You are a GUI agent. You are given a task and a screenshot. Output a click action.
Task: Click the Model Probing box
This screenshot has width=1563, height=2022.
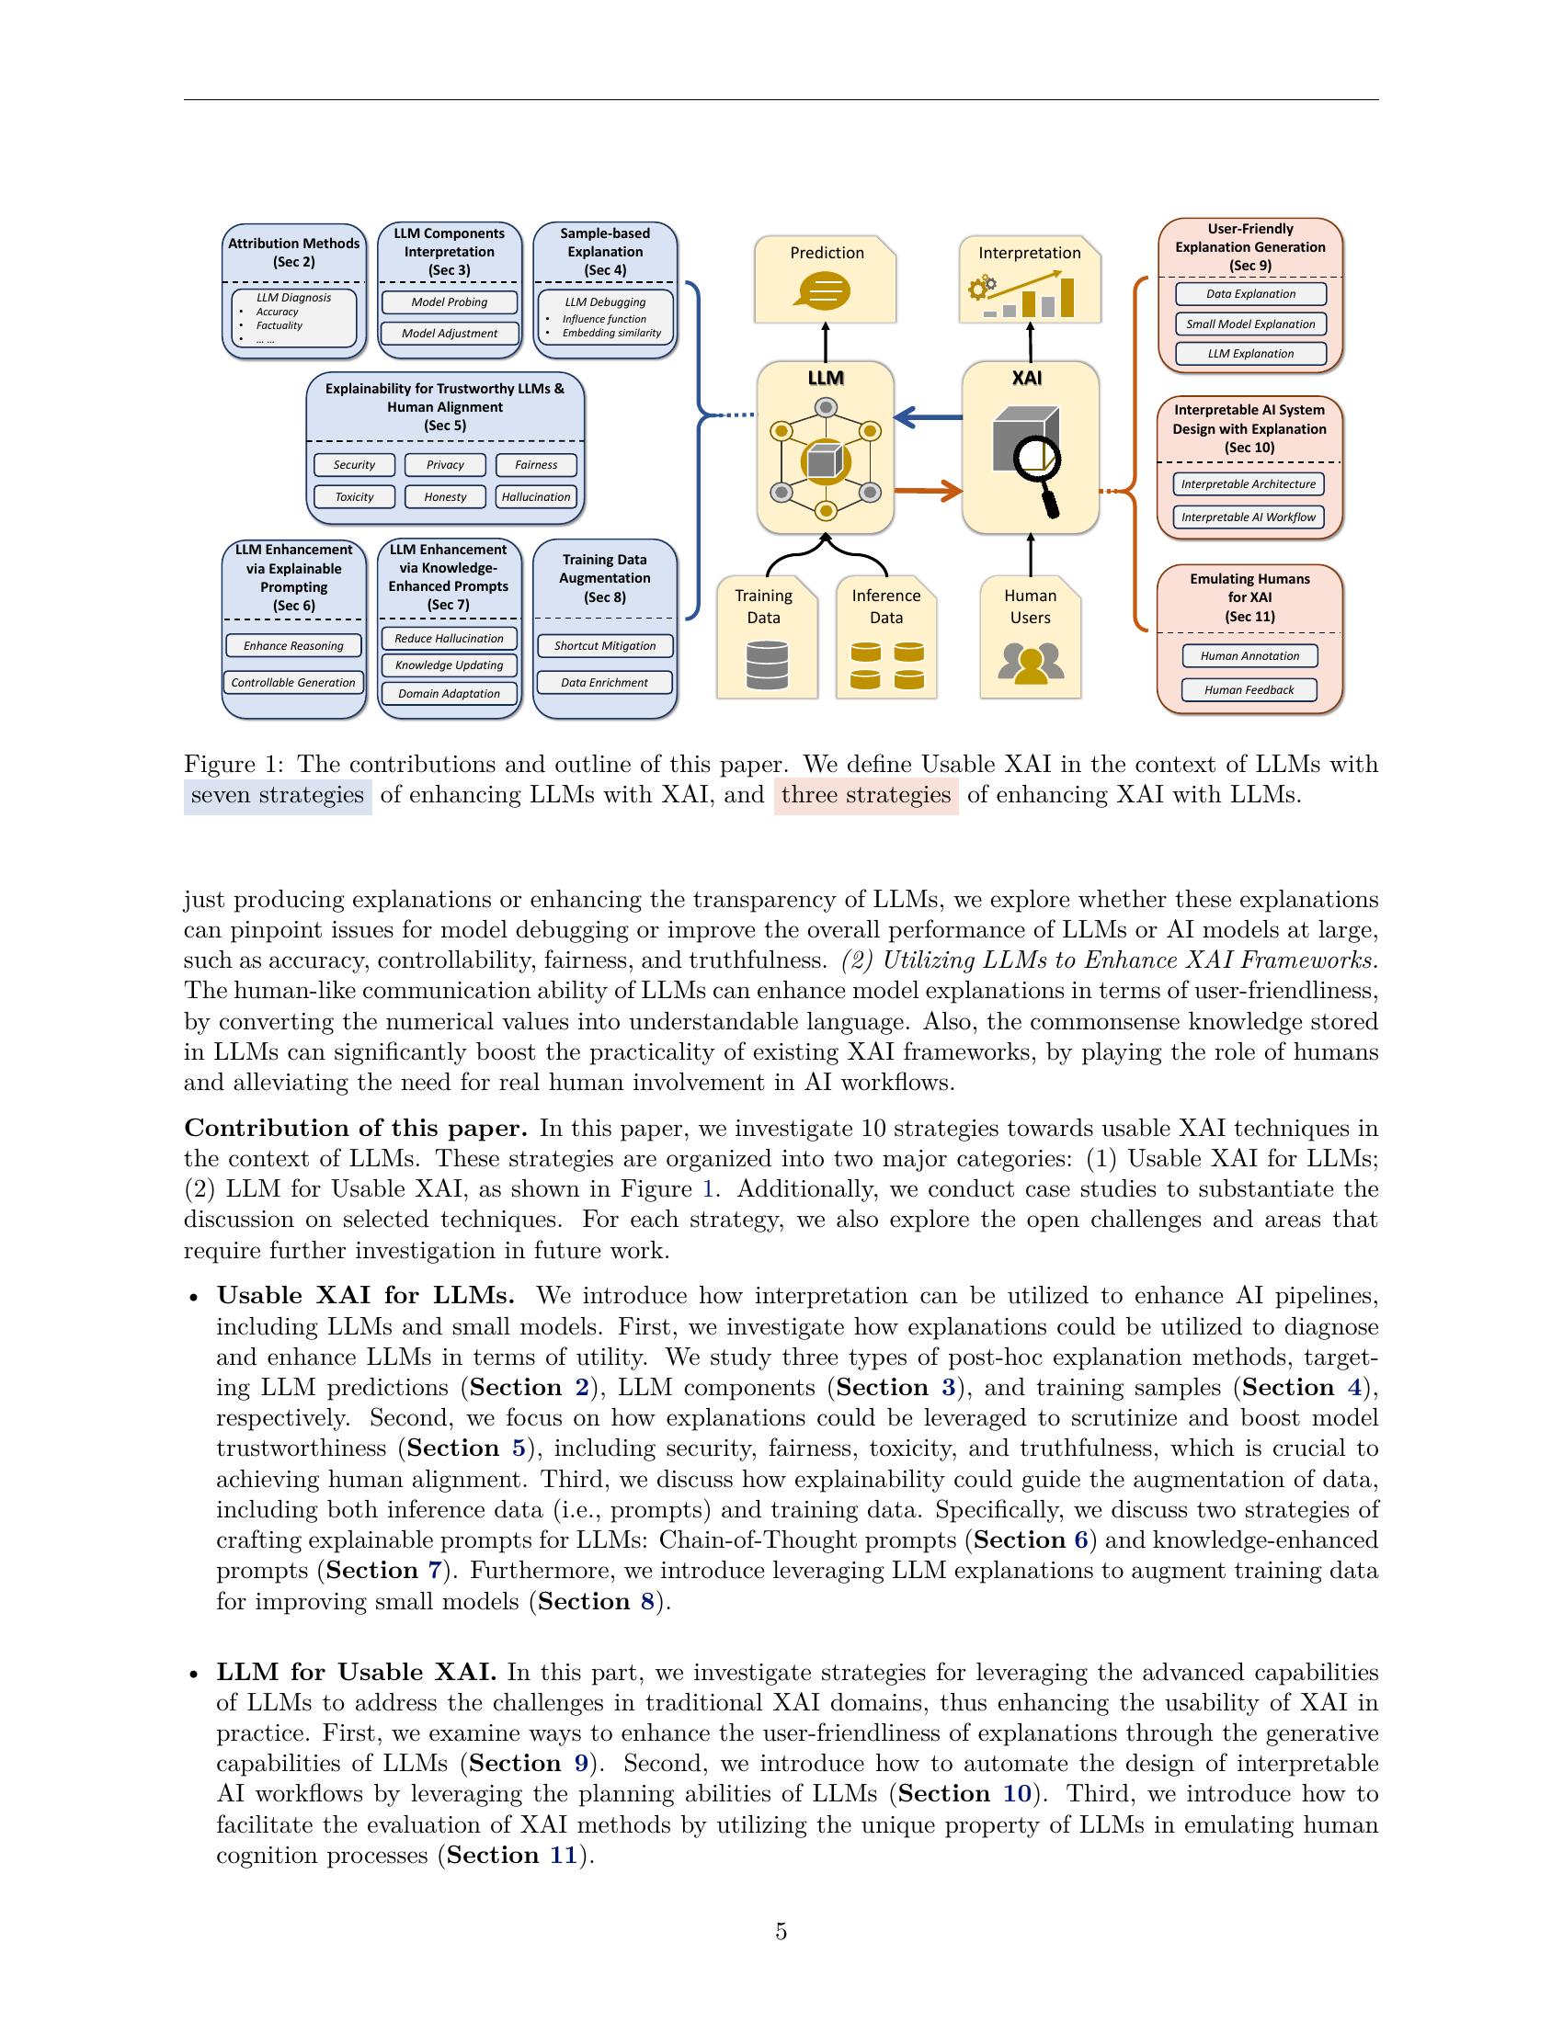click(x=449, y=301)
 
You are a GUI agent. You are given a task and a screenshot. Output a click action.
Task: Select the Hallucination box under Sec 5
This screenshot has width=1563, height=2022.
click(x=535, y=497)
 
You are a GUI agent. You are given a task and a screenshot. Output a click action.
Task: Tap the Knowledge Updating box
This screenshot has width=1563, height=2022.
click(x=449, y=665)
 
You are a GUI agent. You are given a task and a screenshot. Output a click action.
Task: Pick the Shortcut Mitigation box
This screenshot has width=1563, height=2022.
click(x=605, y=645)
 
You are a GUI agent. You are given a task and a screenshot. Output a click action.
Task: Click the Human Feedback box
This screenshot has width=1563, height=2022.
click(x=1249, y=689)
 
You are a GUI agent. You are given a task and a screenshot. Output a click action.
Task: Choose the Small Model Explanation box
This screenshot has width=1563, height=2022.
click(x=1250, y=324)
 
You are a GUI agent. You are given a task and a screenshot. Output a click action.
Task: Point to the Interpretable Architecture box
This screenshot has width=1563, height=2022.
click(x=1249, y=484)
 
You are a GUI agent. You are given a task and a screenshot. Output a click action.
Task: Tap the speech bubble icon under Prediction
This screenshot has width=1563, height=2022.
click(x=822, y=291)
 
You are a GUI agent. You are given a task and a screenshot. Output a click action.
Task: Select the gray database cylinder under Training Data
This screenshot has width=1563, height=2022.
click(x=766, y=665)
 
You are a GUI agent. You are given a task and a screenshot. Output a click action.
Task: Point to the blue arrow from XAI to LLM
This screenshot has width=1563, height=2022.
click(x=928, y=418)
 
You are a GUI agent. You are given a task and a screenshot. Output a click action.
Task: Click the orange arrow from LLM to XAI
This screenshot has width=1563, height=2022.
click(x=928, y=491)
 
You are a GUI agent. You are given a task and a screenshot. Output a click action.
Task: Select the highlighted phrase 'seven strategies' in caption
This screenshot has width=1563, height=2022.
click(x=278, y=795)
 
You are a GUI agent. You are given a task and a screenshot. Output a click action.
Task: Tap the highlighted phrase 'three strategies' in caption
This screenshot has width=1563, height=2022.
click(x=866, y=795)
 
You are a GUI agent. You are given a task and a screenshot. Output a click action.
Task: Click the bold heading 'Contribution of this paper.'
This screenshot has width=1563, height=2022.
click(x=356, y=1129)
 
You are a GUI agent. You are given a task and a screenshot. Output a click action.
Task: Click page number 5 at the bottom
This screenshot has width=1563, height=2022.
click(x=781, y=1931)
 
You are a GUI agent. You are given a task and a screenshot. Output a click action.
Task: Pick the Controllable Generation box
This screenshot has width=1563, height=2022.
click(x=293, y=682)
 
